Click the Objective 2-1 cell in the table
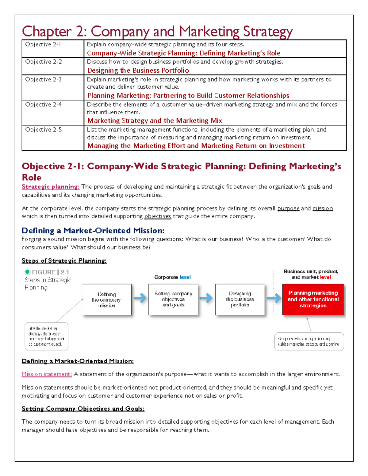coord(43,44)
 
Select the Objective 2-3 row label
coord(43,79)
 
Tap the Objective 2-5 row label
coord(43,130)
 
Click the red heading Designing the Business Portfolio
coord(138,70)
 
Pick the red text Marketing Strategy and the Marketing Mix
coord(155,121)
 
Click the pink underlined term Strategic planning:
coord(51,187)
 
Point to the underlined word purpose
coord(288,208)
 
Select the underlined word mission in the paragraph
coord(322,208)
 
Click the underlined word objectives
coord(158,216)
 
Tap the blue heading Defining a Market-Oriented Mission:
coord(93,230)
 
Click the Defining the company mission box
coord(107,299)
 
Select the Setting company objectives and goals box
coord(173,299)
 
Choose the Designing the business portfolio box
coord(240,299)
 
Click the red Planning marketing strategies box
coord(313,299)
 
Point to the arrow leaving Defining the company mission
coord(140,298)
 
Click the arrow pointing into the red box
coord(274,298)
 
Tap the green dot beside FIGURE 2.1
coord(27,272)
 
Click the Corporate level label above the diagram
coord(172,277)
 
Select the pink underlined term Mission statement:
coord(47,374)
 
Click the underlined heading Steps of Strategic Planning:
coord(64,261)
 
